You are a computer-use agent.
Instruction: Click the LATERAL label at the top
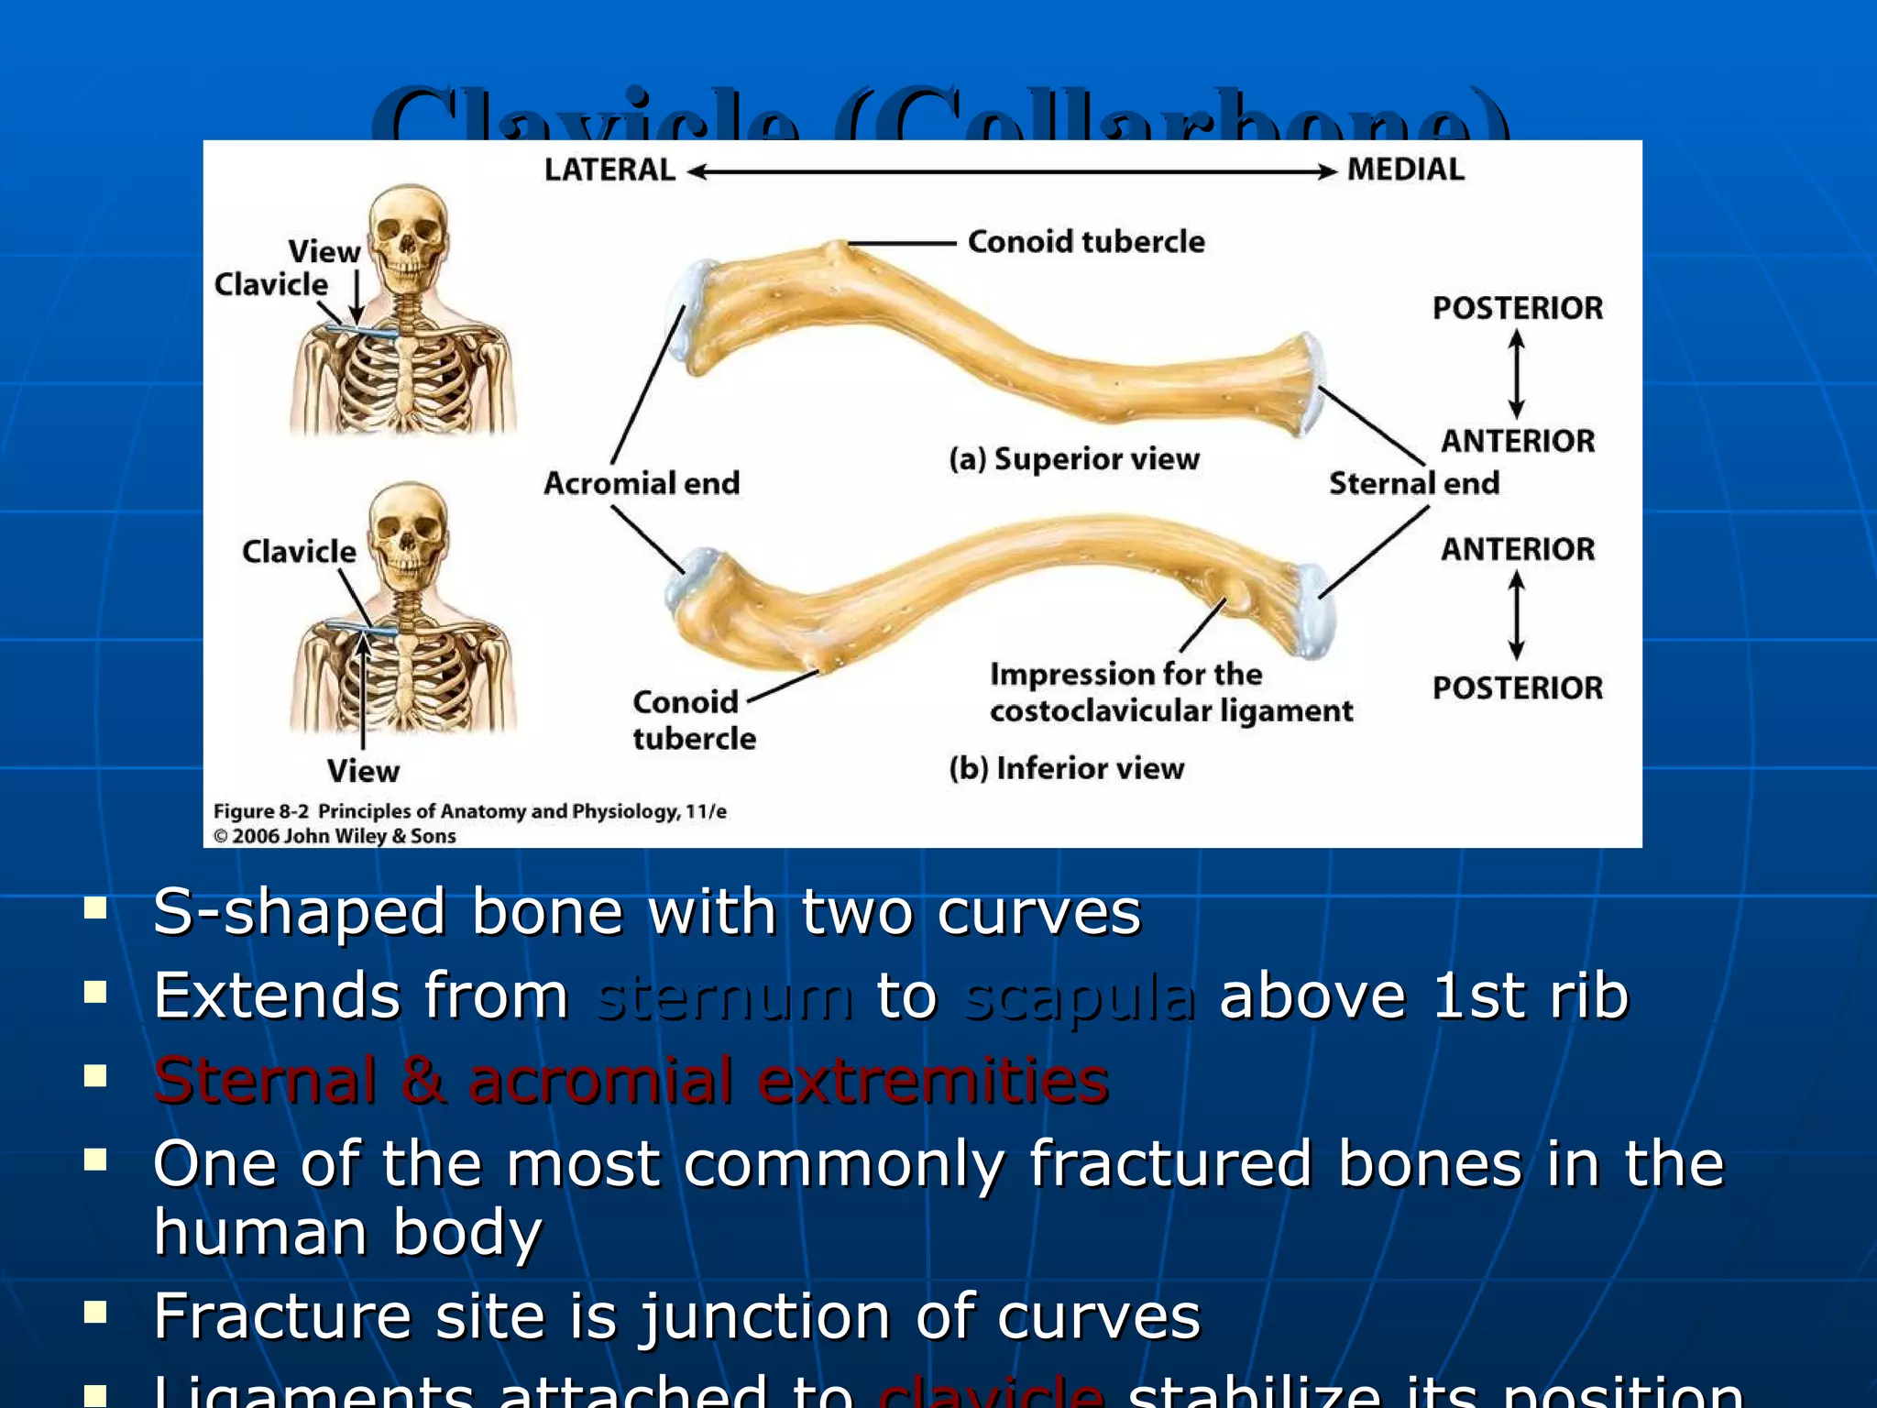609,170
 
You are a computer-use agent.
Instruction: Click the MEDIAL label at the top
1405,170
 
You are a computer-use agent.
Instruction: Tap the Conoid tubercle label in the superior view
1086,242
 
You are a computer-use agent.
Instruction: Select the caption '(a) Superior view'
1073,458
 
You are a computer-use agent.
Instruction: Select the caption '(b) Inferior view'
1066,768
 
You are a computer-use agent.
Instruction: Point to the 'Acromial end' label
642,483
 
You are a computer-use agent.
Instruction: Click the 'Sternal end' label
1413,483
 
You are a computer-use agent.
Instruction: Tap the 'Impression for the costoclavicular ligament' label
1170,693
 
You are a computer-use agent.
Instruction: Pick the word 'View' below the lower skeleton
363,771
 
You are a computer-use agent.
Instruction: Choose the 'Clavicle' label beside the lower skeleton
299,552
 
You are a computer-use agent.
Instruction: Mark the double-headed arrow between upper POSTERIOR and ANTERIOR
1517,374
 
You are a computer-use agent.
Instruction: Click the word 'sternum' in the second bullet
723,996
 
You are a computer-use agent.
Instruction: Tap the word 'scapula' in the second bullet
1080,996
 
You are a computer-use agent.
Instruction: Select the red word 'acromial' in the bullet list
601,1081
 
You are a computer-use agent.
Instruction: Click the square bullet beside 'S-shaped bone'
95,907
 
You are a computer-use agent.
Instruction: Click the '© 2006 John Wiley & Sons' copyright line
335,836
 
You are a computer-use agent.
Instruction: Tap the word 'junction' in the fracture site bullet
764,1316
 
